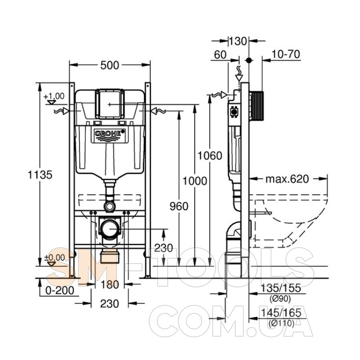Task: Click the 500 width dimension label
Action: coord(110,65)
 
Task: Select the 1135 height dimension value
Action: coord(40,175)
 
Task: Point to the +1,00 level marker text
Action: coord(54,96)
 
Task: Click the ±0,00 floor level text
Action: coord(54,257)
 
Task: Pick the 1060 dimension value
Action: coord(210,156)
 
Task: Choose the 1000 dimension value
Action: coord(195,181)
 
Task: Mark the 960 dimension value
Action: coord(179,206)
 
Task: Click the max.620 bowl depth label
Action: coord(287,179)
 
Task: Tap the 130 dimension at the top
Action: coord(238,41)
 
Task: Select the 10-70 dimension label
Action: coord(286,54)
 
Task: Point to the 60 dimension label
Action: coord(220,55)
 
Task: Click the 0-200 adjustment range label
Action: coord(60,291)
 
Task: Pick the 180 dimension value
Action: coord(109,285)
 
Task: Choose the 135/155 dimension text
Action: coord(281,288)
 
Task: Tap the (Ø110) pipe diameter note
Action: coord(282,323)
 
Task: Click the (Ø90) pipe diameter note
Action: coord(280,298)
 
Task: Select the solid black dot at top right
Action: coord(249,60)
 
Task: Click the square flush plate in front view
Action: coord(110,104)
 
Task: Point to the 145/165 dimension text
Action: coord(281,313)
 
